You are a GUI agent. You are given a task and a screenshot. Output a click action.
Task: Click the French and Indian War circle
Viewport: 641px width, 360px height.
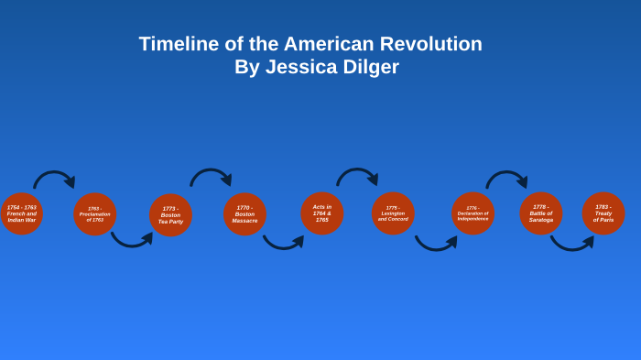point(21,213)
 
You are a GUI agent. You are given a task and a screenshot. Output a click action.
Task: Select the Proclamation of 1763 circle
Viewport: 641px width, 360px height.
point(95,214)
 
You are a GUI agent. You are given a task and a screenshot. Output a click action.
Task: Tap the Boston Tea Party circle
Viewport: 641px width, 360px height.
point(170,215)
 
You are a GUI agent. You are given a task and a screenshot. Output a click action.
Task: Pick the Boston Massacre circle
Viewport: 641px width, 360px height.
point(244,214)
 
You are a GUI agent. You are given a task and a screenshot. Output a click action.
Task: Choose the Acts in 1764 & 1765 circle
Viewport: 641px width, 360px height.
point(322,213)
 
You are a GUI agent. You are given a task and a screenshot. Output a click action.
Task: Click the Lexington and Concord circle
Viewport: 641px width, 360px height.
point(393,213)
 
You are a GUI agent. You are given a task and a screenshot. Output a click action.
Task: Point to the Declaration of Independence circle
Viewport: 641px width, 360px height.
point(473,213)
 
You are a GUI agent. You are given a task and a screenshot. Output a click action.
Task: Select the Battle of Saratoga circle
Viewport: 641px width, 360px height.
point(541,213)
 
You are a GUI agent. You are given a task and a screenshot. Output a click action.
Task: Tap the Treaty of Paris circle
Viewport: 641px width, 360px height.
point(603,213)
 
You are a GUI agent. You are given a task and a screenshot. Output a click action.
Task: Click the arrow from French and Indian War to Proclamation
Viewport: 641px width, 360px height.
point(53,174)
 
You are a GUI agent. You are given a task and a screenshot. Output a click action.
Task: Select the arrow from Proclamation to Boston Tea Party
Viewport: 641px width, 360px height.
point(131,243)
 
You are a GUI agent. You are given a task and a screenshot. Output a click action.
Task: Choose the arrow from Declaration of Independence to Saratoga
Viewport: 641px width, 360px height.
point(505,174)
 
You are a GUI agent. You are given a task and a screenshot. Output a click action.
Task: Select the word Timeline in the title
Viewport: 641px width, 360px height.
point(179,44)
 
